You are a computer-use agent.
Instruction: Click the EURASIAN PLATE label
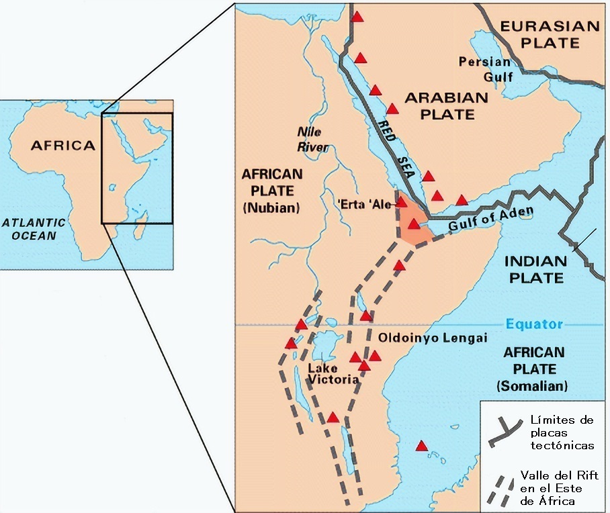[x=550, y=34]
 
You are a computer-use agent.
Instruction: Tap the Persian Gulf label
[x=484, y=69]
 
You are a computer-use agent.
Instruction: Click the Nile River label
[x=313, y=139]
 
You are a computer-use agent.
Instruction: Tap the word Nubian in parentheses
[x=271, y=207]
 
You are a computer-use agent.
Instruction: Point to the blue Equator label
[x=534, y=324]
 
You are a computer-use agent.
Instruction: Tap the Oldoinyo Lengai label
[x=433, y=338]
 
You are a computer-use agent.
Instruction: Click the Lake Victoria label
[x=333, y=374]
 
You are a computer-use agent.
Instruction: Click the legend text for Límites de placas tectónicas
[x=561, y=432]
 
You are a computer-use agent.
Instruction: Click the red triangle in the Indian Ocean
[x=422, y=446]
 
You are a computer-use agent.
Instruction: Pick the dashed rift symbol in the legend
[x=501, y=489]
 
